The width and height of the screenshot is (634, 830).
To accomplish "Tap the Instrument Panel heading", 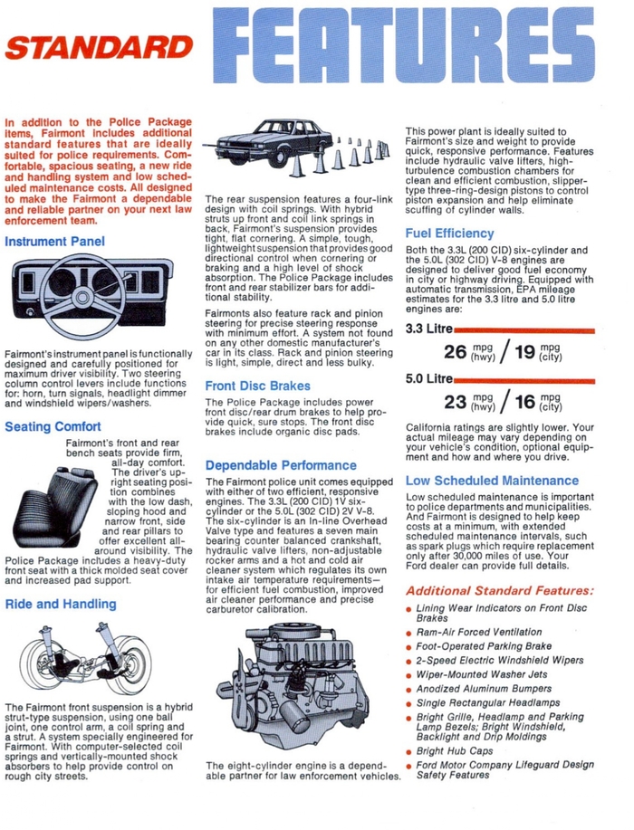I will (54, 242).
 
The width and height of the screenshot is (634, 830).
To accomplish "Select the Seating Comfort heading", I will (53, 426).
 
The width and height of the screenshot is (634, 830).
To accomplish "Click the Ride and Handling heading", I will (60, 604).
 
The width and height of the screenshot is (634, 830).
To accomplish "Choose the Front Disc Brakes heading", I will (257, 386).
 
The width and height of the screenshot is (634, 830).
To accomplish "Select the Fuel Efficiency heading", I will (449, 233).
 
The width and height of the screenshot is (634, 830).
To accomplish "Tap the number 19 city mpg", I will (523, 351).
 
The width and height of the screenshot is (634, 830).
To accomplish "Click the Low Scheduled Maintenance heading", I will (491, 481).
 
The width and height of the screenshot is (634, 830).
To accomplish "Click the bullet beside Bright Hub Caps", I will (409, 751).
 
